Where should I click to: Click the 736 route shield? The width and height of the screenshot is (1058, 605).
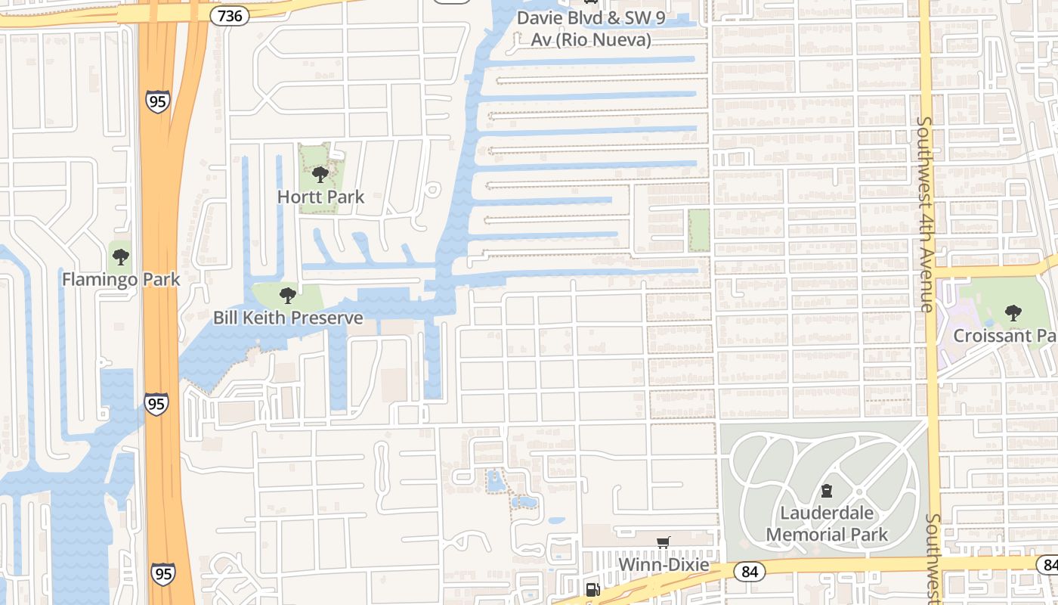[230, 15]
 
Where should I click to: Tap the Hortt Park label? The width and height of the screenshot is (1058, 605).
[320, 197]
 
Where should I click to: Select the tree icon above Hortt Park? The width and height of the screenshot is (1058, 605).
[320, 175]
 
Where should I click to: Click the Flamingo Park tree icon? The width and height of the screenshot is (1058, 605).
[121, 256]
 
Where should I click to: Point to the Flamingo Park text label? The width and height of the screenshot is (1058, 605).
[121, 279]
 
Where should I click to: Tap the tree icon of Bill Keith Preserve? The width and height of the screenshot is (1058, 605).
[287, 295]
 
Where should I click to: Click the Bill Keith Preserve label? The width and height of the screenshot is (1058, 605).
[288, 318]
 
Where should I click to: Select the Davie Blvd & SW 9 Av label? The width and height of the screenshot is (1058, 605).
[590, 29]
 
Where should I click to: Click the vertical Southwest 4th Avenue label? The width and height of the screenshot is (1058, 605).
[923, 213]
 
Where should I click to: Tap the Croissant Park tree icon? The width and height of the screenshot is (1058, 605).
[1013, 312]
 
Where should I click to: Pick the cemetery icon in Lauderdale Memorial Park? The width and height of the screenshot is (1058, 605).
[827, 491]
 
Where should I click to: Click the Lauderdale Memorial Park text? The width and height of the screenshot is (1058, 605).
[827, 523]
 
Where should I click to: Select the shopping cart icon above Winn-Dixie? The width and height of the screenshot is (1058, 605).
[664, 542]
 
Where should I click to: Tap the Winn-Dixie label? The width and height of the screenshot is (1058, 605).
[664, 565]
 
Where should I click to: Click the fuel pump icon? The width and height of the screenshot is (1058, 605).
[593, 589]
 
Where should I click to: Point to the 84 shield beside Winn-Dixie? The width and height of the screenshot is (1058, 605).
[749, 571]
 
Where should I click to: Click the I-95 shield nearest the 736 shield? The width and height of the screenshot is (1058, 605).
[157, 101]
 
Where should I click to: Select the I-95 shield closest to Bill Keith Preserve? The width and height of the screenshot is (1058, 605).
[156, 404]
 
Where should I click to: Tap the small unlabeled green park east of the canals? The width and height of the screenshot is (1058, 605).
[699, 230]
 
